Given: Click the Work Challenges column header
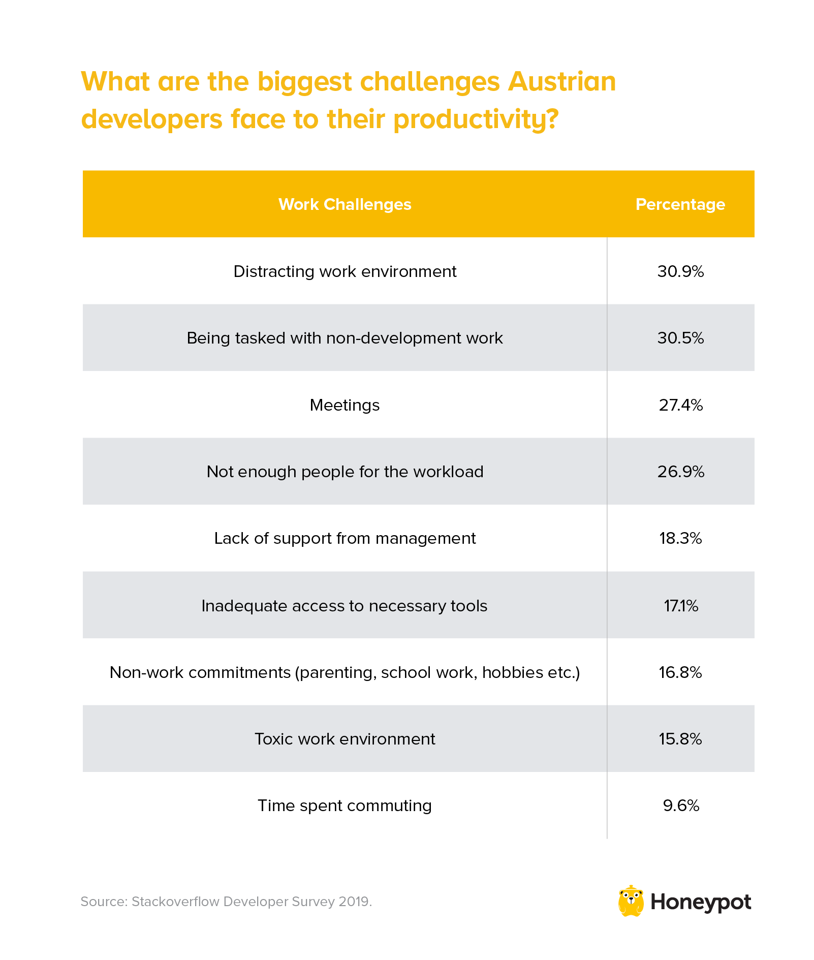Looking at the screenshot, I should pyautogui.click(x=345, y=204).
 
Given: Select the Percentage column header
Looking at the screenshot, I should pyautogui.click(x=680, y=204).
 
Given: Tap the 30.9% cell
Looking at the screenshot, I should pyautogui.click(x=680, y=271).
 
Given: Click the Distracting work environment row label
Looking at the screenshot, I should pyautogui.click(x=345, y=271).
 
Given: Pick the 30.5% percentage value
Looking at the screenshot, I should pyautogui.click(x=680, y=338).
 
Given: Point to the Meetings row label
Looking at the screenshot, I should pyautogui.click(x=345, y=405).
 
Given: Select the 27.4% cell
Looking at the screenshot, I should pyautogui.click(x=680, y=405).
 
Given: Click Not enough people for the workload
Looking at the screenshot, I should pyautogui.click(x=345, y=472).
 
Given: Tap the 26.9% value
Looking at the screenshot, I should pyautogui.click(x=680, y=472).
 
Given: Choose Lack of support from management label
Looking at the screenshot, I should pyautogui.click(x=345, y=538).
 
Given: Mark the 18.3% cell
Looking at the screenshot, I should pyautogui.click(x=680, y=538).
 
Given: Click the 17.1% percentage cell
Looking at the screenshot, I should pyautogui.click(x=680, y=605).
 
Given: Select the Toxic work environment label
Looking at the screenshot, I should pyautogui.click(x=345, y=738).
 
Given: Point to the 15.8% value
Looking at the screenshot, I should pyautogui.click(x=680, y=738).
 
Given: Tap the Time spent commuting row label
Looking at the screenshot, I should pyautogui.click(x=345, y=806).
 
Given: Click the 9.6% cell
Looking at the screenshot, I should pyautogui.click(x=680, y=806).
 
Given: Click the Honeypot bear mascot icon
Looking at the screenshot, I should pyautogui.click(x=631, y=901).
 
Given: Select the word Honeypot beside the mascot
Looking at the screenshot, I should pyautogui.click(x=700, y=903).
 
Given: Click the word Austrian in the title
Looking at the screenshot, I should pyautogui.click(x=561, y=81).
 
